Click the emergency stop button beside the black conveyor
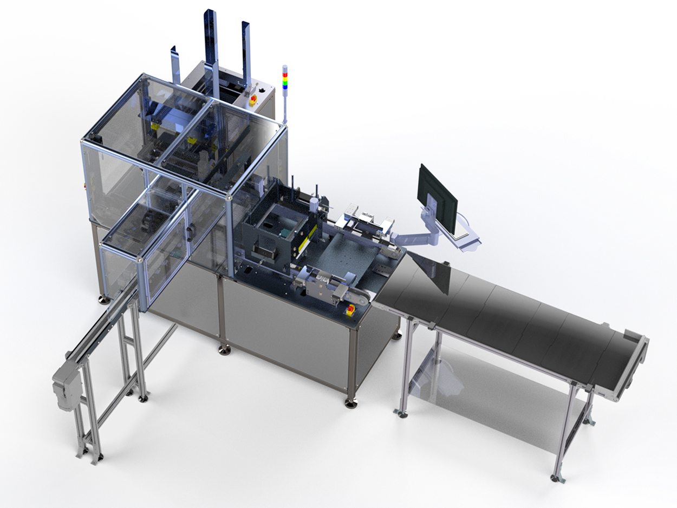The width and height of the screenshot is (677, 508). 350,310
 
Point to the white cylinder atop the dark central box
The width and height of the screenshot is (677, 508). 313,205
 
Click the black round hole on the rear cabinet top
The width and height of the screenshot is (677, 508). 264,87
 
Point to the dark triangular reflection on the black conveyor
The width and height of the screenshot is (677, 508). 434,277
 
